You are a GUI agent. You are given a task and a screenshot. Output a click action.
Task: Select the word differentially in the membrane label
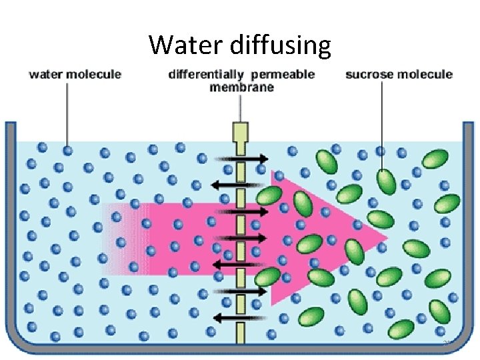[x=205, y=74]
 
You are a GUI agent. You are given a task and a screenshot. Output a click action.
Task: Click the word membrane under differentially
[x=241, y=87]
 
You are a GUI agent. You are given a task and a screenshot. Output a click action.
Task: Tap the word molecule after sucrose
[x=426, y=74]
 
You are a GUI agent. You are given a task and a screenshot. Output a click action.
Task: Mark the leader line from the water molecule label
[x=67, y=113]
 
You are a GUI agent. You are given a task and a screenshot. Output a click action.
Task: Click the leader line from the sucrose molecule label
[x=382, y=123]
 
